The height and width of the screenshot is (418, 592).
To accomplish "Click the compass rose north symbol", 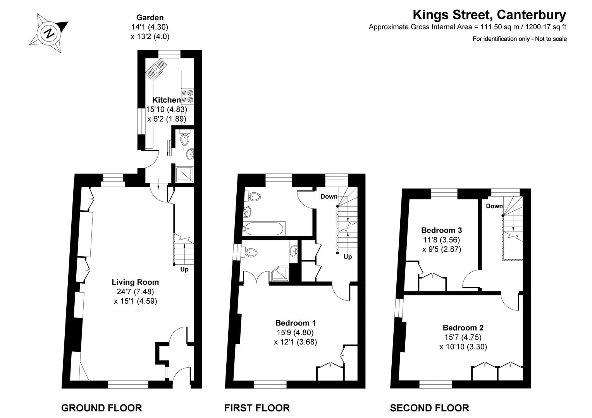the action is [x=49, y=33].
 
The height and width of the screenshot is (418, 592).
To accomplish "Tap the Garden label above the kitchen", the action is [x=150, y=17].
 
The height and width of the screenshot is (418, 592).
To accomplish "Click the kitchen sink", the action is [x=156, y=69].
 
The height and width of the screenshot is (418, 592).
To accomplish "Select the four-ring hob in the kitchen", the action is [x=188, y=96].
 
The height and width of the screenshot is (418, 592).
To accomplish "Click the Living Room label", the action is [x=135, y=282].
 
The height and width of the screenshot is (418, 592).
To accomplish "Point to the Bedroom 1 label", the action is [x=296, y=323].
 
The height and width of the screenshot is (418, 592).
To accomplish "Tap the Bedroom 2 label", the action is [x=463, y=327].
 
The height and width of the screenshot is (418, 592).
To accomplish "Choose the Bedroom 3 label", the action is [x=441, y=230].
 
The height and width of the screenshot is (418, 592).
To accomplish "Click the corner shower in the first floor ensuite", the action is [x=280, y=274].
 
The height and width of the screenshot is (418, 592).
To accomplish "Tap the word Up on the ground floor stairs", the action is [x=184, y=269].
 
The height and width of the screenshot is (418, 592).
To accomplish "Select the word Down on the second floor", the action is [x=494, y=206].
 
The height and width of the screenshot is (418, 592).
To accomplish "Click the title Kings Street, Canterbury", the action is [x=489, y=15].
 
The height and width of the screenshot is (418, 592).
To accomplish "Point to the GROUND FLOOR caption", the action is [x=102, y=408].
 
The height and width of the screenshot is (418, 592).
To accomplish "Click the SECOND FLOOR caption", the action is [x=429, y=408].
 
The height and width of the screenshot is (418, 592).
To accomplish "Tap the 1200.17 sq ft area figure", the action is [x=546, y=27].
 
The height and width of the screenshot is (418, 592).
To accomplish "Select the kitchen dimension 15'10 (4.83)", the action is [x=167, y=109].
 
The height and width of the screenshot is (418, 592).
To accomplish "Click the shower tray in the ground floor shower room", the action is [x=185, y=174].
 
